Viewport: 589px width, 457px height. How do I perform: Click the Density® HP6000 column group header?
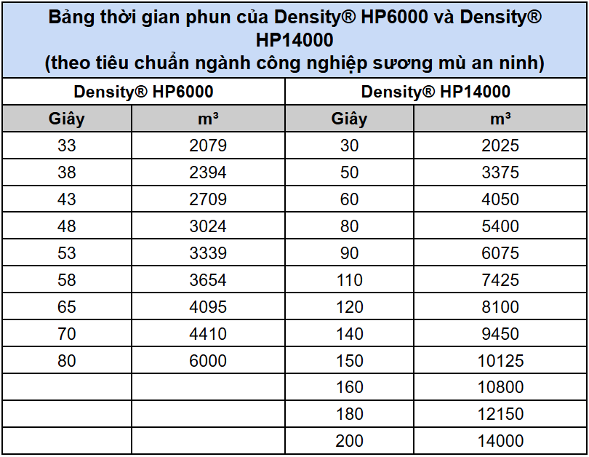pyautogui.click(x=143, y=92)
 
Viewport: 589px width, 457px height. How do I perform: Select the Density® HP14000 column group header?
pyautogui.click(x=436, y=92)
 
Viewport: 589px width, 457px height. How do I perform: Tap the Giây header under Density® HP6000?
pyautogui.click(x=67, y=119)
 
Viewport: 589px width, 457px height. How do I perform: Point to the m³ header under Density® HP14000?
pyautogui.click(x=500, y=119)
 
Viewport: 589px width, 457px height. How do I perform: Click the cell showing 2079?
pyautogui.click(x=208, y=146)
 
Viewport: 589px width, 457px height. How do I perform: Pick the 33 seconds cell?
pyautogui.click(x=67, y=146)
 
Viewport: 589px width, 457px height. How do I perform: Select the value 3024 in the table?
pyautogui.click(x=208, y=226)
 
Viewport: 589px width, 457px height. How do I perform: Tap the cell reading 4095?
pyautogui.click(x=208, y=307)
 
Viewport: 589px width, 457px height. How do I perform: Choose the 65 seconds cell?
pyautogui.click(x=67, y=307)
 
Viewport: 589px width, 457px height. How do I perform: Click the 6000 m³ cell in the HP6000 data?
pyautogui.click(x=208, y=361)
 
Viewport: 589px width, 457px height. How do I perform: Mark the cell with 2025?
pyautogui.click(x=500, y=146)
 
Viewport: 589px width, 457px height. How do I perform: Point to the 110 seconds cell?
pyautogui.click(x=350, y=280)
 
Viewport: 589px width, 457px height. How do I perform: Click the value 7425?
pyautogui.click(x=500, y=280)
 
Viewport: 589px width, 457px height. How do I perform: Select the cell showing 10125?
pyautogui.click(x=500, y=361)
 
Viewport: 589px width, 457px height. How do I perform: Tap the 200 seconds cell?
pyautogui.click(x=350, y=441)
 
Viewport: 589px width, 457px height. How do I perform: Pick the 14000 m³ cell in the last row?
pyautogui.click(x=500, y=441)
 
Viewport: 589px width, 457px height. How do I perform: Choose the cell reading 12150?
pyautogui.click(x=500, y=414)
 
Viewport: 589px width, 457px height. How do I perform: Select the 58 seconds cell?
pyautogui.click(x=67, y=280)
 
